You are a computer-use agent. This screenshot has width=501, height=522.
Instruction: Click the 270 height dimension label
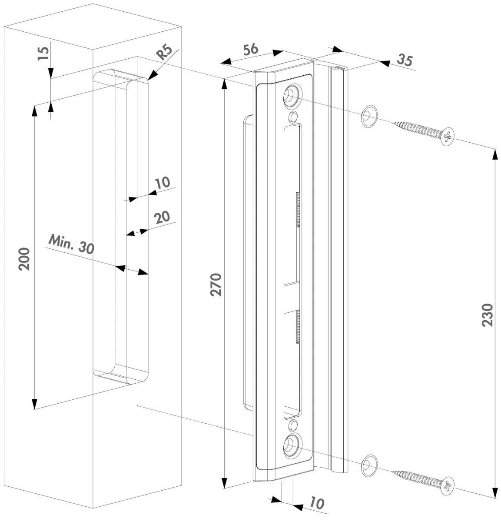pos(216,285)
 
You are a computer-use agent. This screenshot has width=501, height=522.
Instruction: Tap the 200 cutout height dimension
pos(24,259)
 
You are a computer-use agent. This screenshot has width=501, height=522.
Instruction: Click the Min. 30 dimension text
pos(71,244)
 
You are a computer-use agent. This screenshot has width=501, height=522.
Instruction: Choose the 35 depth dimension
pos(405,60)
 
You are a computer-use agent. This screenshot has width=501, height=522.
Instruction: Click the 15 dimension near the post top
pos(43,53)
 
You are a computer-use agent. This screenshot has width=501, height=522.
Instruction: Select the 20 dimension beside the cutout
pos(162,217)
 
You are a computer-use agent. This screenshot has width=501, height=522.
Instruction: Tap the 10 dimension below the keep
pos(317,504)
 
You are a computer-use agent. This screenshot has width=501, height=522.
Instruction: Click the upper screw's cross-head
pos(448,137)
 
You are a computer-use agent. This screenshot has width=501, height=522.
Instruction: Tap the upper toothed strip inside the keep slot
pos(298,210)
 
